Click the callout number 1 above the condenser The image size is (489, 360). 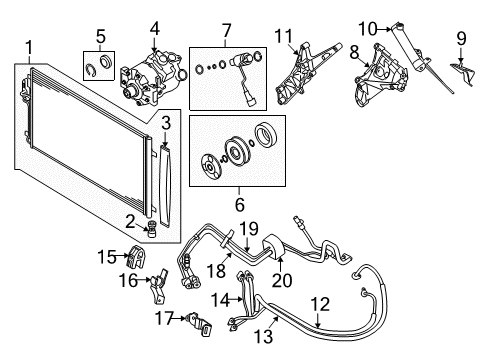coord(29,48)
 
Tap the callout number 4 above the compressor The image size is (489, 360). coord(154,29)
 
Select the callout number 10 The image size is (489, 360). coord(368,29)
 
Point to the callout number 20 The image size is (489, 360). coord(282,280)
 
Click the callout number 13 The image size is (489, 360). coord(264,336)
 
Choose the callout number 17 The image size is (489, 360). coord(165,318)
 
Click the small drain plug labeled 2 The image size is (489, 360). coord(152,229)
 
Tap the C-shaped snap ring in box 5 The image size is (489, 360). coord(90,70)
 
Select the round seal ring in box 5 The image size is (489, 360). coord(107,61)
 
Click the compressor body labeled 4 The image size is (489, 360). coord(152,78)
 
